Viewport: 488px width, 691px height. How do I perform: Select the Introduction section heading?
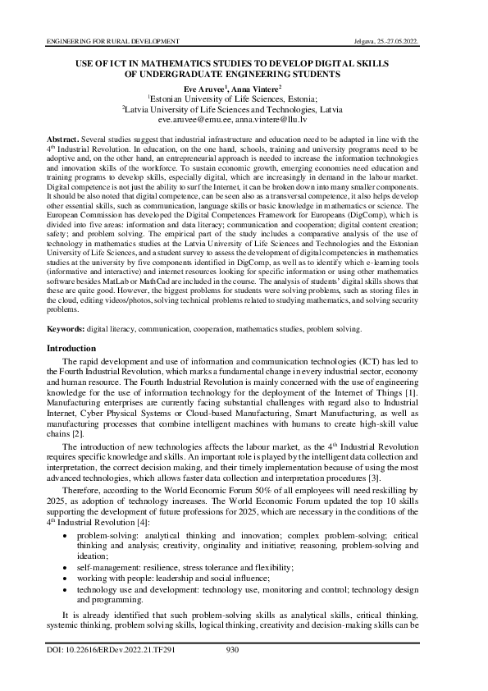click(x=73, y=348)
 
